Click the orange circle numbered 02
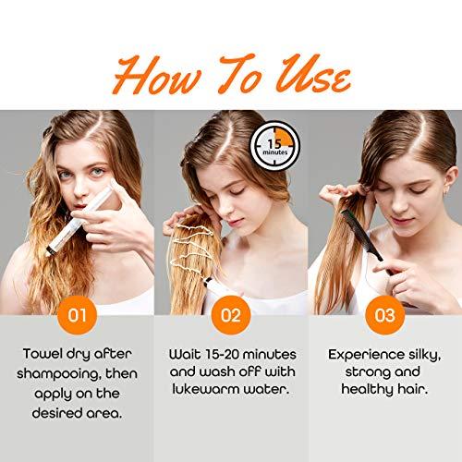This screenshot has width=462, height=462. coord(230,316)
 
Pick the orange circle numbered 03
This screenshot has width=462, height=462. coord(383,316)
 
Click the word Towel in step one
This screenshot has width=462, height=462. coord(49,354)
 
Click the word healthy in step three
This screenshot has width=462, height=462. coord(368,393)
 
